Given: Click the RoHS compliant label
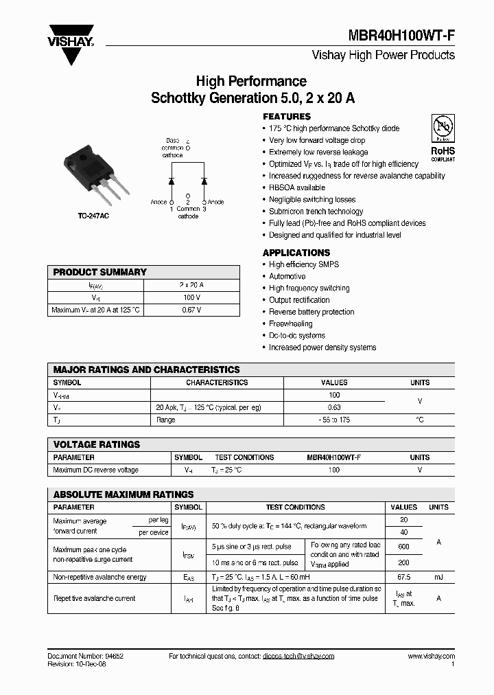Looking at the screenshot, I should point(442,153).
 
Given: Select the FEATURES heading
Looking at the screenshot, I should point(287,117).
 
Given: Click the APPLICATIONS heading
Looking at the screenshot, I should point(296,253).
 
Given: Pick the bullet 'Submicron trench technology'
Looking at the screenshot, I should point(316,212).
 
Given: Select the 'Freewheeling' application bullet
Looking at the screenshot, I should point(292,323).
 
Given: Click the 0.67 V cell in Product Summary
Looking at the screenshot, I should point(191,310).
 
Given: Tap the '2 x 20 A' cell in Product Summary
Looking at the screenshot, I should point(191,284).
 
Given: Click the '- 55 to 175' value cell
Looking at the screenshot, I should point(334,420).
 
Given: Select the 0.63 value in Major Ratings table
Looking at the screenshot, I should point(334,407).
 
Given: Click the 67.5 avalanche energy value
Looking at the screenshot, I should point(403,578).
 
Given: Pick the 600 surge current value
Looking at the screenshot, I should point(403,546).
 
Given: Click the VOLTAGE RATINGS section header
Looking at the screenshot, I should point(97,444).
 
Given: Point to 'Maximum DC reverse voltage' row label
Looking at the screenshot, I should point(96,470).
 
